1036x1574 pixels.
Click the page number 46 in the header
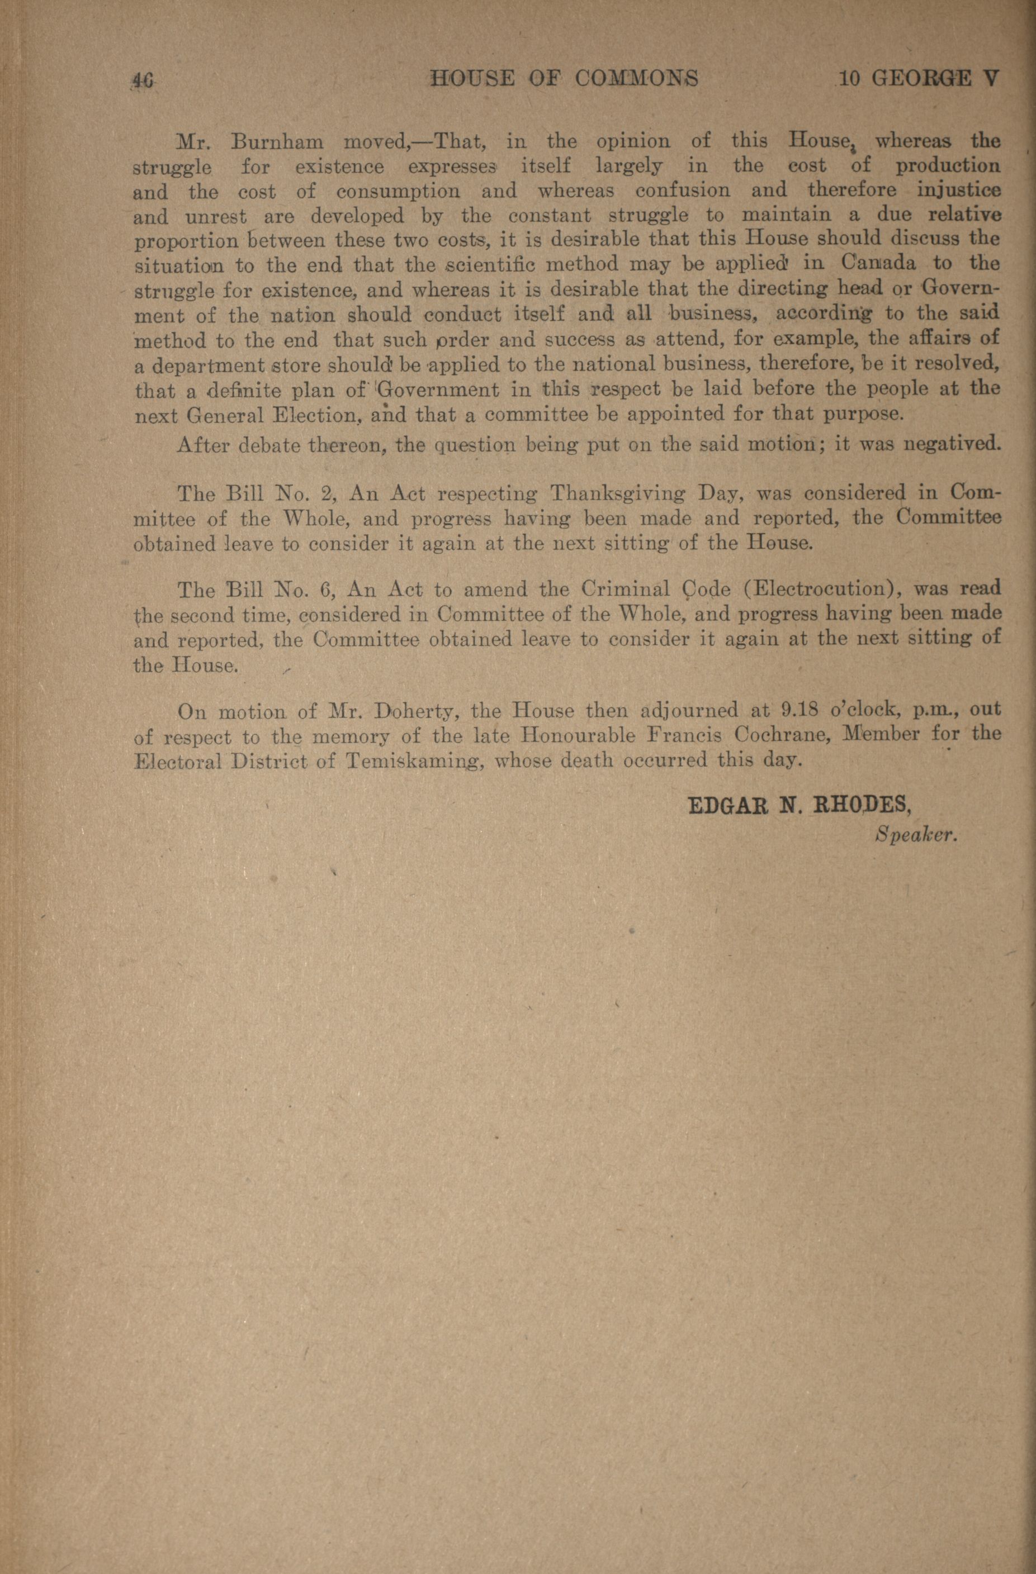click(143, 80)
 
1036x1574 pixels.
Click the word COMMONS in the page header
click(636, 79)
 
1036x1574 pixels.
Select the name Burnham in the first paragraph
click(277, 142)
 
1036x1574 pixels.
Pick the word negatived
click(952, 443)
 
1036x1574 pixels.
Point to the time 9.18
click(801, 710)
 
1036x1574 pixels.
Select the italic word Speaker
click(916, 835)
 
